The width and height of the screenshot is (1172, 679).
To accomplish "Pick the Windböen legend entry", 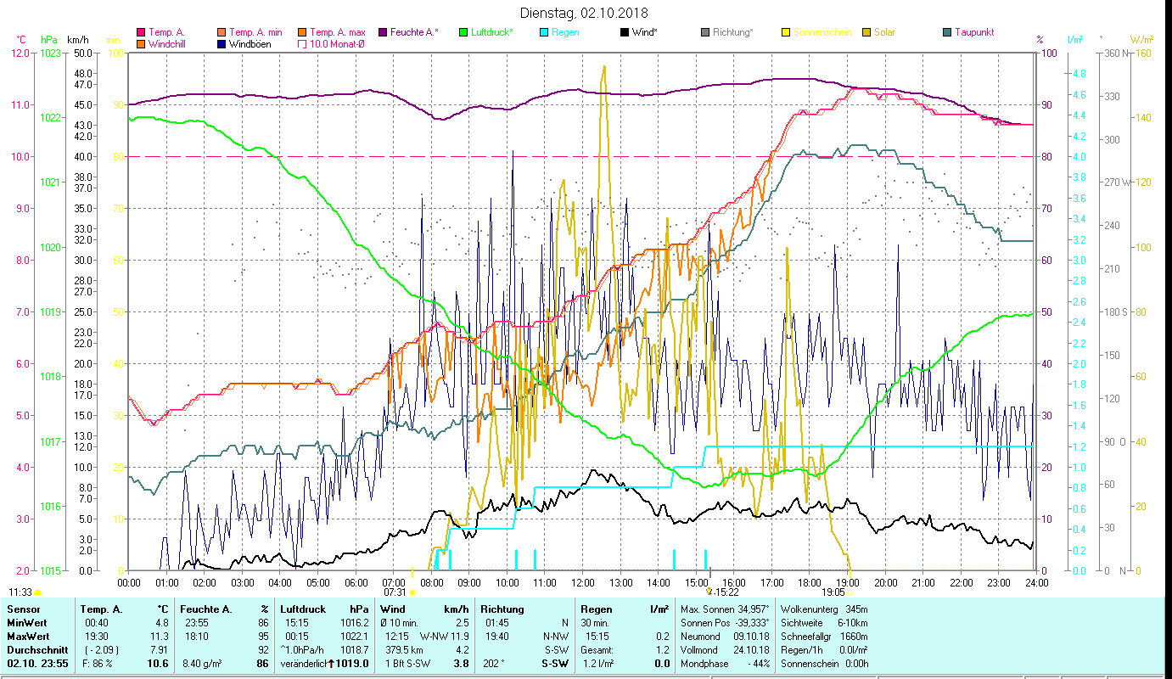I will (x=250, y=44).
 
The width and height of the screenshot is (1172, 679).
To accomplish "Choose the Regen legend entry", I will (x=565, y=32).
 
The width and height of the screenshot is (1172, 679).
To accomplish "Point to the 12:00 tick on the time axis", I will (x=583, y=583).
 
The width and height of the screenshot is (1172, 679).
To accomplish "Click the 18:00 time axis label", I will (x=810, y=583).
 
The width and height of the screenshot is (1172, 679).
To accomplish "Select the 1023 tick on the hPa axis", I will (x=50, y=53).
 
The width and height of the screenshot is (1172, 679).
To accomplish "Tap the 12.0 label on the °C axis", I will (x=20, y=53).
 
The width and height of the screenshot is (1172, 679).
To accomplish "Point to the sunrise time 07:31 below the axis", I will (x=395, y=592).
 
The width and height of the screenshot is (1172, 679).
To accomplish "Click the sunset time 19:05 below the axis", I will (x=833, y=592).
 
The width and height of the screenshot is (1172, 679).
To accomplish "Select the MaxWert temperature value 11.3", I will (x=160, y=636).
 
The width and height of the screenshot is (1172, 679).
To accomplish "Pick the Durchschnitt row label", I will (x=31, y=649).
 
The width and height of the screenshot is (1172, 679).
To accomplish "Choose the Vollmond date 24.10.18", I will (x=754, y=649).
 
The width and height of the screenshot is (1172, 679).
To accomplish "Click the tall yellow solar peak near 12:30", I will (x=603, y=68).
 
